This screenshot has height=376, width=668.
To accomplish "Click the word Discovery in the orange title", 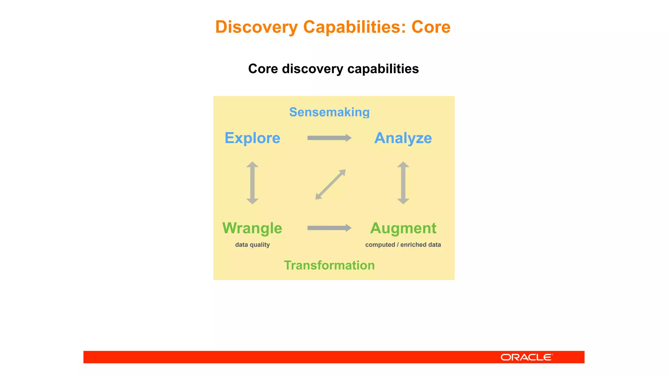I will point(256,27).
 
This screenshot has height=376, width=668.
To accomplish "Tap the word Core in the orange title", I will point(431,27).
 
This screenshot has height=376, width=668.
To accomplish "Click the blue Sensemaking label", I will point(329,112).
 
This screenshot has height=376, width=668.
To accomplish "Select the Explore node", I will point(252,138).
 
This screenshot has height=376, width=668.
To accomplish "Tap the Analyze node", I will point(403,138).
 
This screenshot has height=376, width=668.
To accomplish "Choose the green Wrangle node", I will point(252,228).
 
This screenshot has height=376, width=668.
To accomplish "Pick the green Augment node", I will point(403,228).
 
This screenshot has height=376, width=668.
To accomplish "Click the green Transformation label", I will point(329,265).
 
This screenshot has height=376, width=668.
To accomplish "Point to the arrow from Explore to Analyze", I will point(329,138).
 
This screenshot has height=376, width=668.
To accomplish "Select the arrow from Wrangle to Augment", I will point(329,228).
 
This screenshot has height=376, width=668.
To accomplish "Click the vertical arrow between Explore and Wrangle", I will point(252,183).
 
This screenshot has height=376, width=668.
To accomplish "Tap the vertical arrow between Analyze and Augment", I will point(403,183).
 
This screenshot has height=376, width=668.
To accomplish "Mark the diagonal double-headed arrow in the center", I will point(330,184).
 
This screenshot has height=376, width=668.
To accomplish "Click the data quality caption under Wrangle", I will point(252,245).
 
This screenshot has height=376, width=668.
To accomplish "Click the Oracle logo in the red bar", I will point(526,357).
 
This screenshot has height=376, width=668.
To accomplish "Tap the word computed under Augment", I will point(380,245).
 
